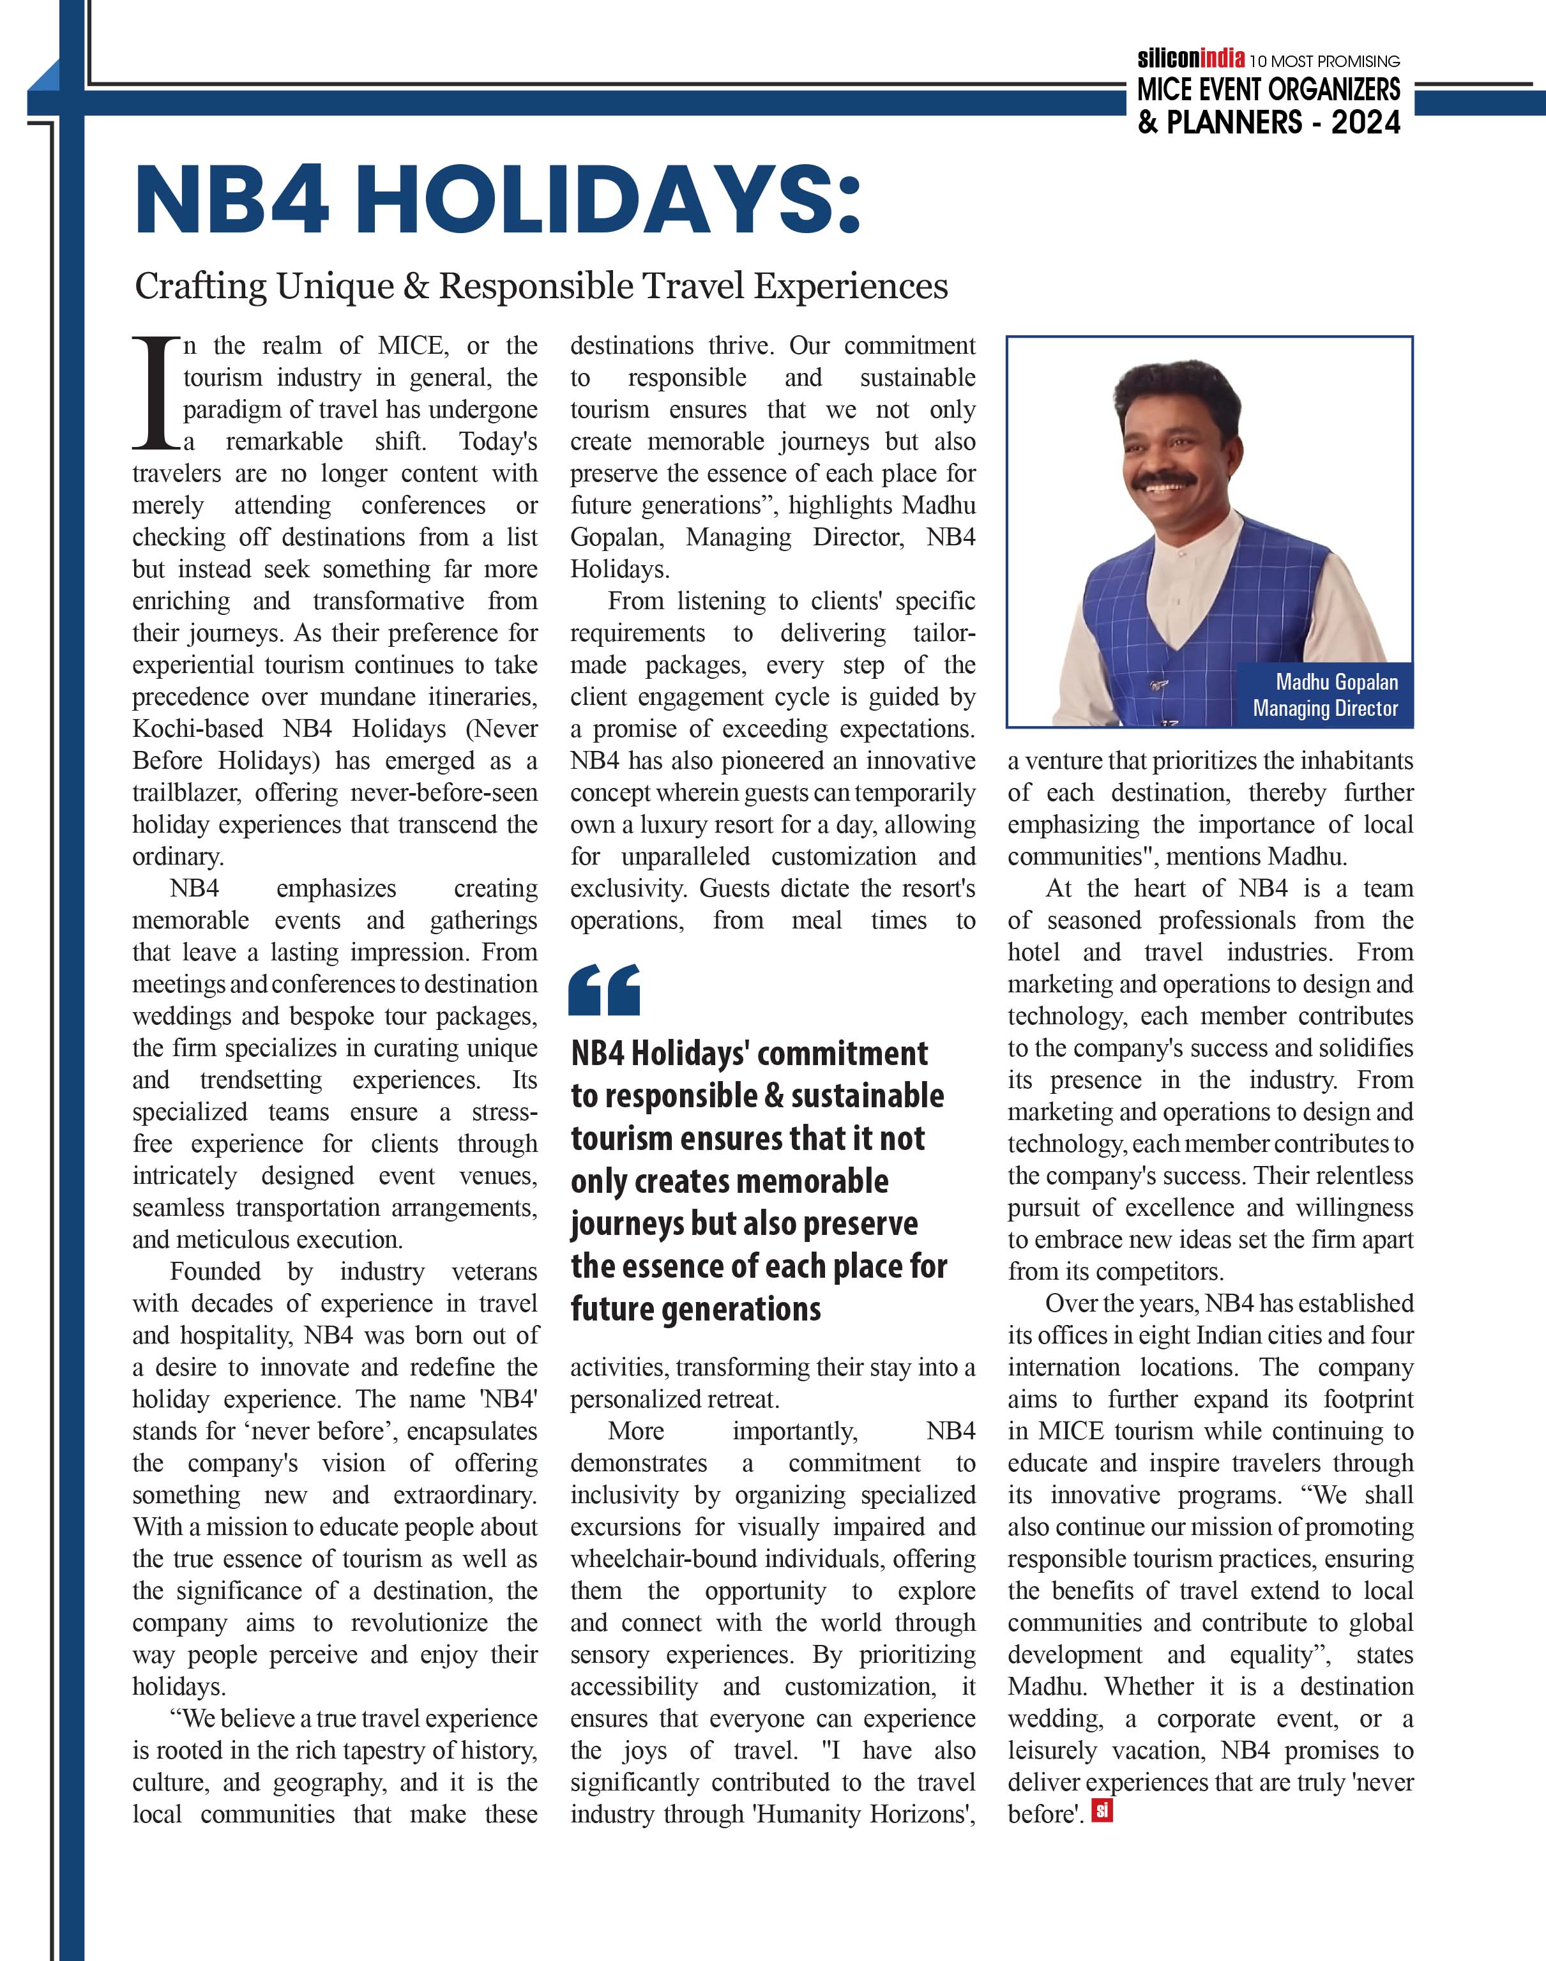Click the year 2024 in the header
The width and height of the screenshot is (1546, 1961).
[x=1365, y=121]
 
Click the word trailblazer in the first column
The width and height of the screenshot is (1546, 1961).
[x=186, y=792]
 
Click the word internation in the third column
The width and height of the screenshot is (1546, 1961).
[x=1064, y=1367]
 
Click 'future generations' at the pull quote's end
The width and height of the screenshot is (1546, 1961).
[x=695, y=1308]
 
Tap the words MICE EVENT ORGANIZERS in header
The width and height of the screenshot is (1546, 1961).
[x=1268, y=89]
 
